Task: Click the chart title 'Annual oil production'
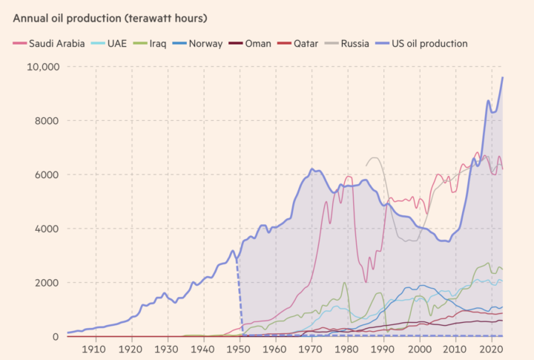(x=111, y=17)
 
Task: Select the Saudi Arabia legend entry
(x=56, y=43)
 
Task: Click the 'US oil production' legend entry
(x=430, y=43)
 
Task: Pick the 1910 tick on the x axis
(x=94, y=349)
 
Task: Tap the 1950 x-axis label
(x=240, y=349)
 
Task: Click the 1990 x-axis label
(x=383, y=349)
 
